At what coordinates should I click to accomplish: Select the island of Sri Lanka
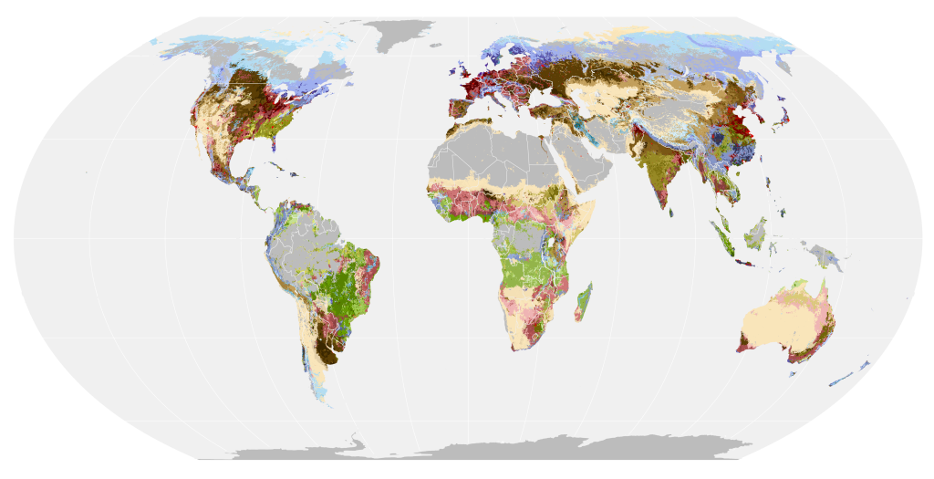tap(672, 212)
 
